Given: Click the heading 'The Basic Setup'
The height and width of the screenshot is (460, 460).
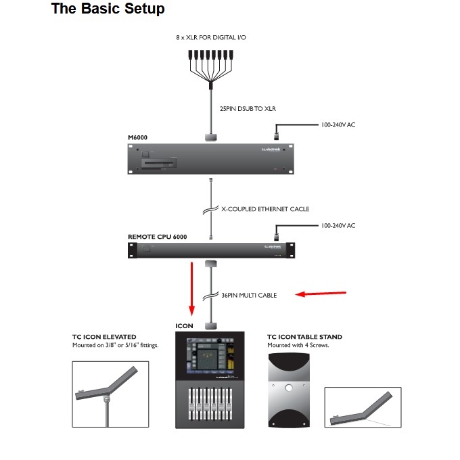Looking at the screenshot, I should [108, 9].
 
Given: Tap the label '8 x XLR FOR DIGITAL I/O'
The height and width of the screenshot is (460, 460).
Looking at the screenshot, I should [211, 37].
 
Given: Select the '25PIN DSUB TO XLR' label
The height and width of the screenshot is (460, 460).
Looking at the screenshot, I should [248, 108].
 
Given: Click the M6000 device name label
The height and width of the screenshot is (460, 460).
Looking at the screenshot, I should [137, 137].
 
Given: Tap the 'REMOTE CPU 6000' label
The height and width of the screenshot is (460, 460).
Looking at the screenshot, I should [157, 237].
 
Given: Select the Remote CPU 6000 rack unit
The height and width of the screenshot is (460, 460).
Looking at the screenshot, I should [212, 250].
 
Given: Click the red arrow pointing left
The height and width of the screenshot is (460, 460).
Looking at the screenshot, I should [322, 294].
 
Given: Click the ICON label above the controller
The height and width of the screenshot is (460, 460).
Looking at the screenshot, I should [185, 326].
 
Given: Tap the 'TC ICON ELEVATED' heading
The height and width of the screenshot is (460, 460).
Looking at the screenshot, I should [103, 336].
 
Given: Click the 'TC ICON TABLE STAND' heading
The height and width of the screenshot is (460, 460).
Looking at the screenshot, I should [304, 336].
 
